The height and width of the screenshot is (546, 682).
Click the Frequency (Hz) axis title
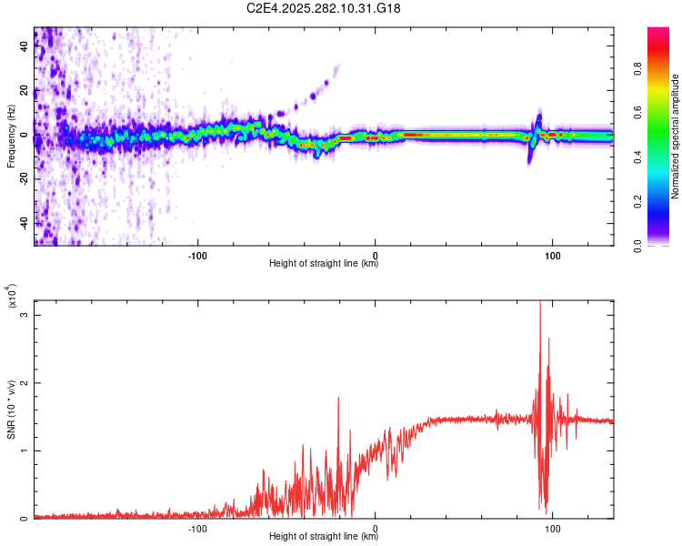tap(11, 136)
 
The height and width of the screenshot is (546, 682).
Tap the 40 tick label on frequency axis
tap(25, 48)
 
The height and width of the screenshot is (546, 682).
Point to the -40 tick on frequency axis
tap(23, 223)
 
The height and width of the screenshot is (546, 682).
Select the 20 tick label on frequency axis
tap(25, 92)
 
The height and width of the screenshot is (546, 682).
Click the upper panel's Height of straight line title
tap(324, 264)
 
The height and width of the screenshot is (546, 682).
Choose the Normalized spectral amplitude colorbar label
tap(676, 136)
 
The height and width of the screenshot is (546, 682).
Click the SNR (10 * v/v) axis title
tap(11, 409)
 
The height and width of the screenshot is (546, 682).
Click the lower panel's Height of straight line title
tap(324, 537)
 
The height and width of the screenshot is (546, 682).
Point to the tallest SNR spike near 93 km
tap(540, 304)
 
